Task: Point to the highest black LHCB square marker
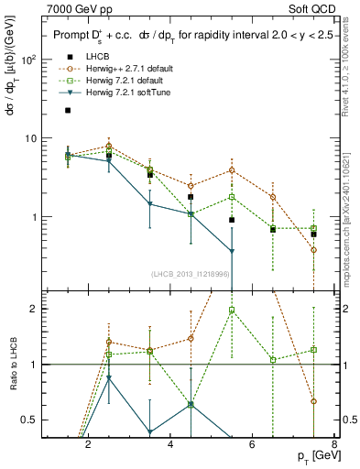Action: (68, 110)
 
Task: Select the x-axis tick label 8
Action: (334, 445)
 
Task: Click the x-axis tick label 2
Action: (88, 445)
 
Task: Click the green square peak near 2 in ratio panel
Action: (233, 310)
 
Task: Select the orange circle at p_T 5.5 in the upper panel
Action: (232, 170)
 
